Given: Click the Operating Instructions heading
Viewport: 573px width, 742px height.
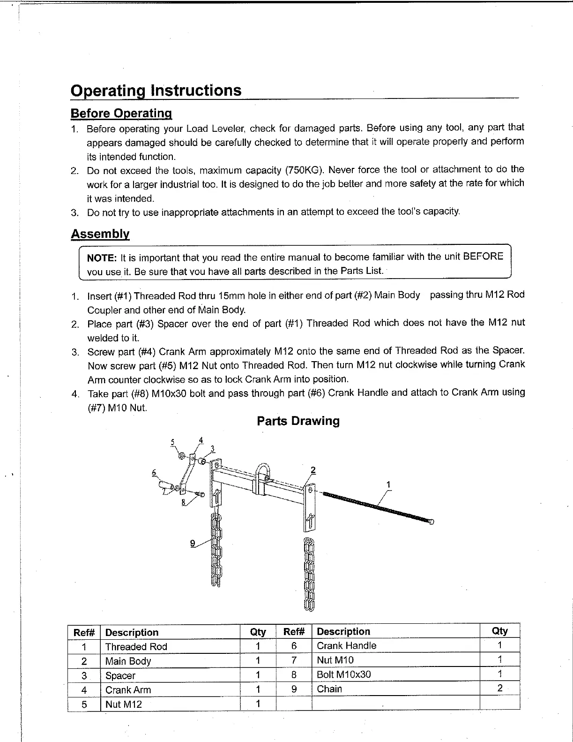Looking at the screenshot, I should (x=156, y=90).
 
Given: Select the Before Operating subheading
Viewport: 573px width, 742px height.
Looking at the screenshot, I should (x=121, y=114).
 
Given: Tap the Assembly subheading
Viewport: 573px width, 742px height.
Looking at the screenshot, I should (x=100, y=234).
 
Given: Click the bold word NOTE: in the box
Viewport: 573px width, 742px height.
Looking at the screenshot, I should (x=102, y=257).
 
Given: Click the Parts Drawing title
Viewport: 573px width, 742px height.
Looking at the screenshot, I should (x=298, y=421).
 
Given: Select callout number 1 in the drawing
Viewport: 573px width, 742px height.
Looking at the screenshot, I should (x=388, y=485).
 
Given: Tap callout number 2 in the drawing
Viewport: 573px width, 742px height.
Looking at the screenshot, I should (x=313, y=470).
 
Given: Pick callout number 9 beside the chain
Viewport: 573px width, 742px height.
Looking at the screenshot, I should (x=193, y=543).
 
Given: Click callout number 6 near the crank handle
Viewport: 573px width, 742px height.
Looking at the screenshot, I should (x=154, y=473).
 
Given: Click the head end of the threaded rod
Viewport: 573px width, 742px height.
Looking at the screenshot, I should (x=431, y=522).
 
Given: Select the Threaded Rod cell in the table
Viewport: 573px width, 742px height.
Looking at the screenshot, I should (x=136, y=647).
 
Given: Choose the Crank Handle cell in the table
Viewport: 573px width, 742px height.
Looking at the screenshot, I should (x=346, y=646).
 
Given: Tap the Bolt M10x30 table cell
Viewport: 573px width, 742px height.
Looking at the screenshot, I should (x=343, y=674).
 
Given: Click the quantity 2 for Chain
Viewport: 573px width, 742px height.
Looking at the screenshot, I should (x=500, y=689).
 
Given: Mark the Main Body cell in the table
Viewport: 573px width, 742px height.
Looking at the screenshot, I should (x=128, y=661).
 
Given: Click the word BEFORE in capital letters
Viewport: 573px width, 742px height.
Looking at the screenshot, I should (x=483, y=256).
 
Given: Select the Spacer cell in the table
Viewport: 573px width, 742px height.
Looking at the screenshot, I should (x=120, y=676).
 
